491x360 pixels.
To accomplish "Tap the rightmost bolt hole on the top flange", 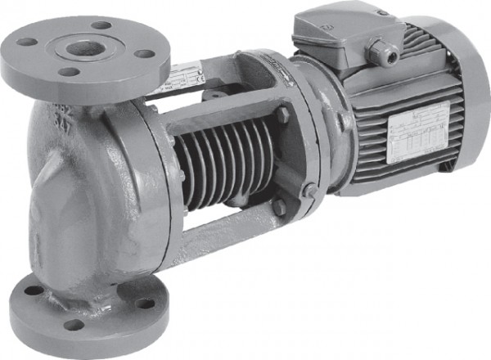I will click(x=144, y=54).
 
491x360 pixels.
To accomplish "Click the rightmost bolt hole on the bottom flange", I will click(x=146, y=304).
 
